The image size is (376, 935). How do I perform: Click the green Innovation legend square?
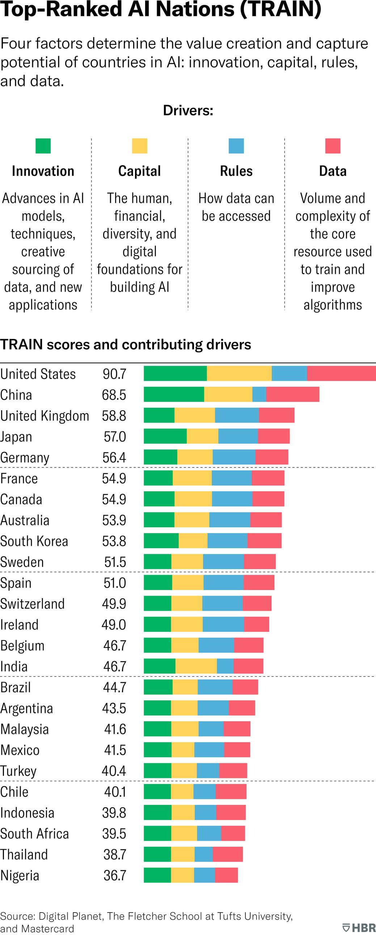coord(43,146)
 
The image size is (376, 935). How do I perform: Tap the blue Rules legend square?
coord(236,146)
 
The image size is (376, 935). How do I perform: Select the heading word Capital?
coord(139,171)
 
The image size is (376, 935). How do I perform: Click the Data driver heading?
coord(333,171)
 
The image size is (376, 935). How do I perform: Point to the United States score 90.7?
coord(114,374)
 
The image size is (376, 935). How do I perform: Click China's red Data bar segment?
coord(292,394)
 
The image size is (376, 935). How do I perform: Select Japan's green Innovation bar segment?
coord(165,436)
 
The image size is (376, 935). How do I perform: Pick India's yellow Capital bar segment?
coord(196,667)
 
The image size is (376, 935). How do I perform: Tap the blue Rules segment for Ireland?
coord(223,624)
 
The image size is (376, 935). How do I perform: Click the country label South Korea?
coord(34,541)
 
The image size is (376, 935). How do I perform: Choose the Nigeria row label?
coord(20,875)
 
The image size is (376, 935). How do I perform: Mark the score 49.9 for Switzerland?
coord(114,604)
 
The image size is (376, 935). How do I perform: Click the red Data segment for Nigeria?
coord(227,875)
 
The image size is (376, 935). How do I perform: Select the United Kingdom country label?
coord(45,416)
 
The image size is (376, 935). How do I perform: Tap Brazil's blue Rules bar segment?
coord(215,687)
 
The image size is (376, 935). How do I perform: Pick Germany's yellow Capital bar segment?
coord(195,457)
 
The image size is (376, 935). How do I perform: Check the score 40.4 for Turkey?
coord(114,771)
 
